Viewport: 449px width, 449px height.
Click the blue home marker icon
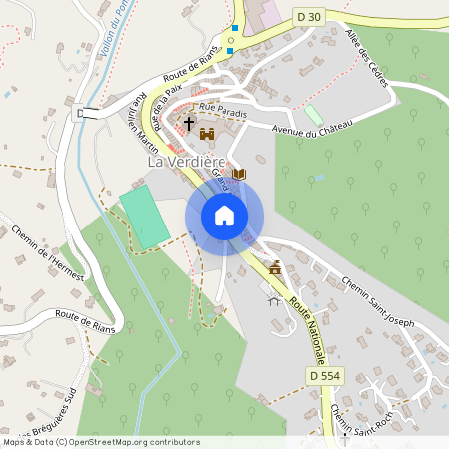(224, 215)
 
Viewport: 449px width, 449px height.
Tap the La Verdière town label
(188, 162)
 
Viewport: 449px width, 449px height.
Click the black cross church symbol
(188, 123)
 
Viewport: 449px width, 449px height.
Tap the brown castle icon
(208, 133)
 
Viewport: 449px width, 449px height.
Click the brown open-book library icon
(239, 174)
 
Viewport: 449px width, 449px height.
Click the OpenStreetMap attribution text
(101, 441)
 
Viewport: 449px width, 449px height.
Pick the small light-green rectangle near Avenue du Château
(314, 114)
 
